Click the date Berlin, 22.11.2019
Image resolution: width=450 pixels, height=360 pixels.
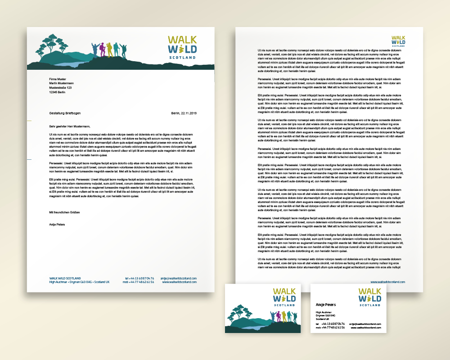click(x=184, y=113)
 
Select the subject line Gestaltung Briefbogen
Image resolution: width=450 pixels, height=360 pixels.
click(x=65, y=113)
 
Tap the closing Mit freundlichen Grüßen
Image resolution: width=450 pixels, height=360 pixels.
click(x=64, y=212)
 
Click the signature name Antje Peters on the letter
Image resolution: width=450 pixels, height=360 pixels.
click(x=57, y=224)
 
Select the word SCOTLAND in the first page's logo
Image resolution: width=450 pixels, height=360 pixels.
click(x=183, y=58)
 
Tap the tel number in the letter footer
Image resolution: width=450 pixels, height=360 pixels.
click(x=139, y=278)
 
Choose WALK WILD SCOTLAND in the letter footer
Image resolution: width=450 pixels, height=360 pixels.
click(x=65, y=278)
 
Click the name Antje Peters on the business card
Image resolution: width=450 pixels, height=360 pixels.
click(x=325, y=305)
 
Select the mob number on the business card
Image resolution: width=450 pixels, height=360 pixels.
click(x=330, y=328)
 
